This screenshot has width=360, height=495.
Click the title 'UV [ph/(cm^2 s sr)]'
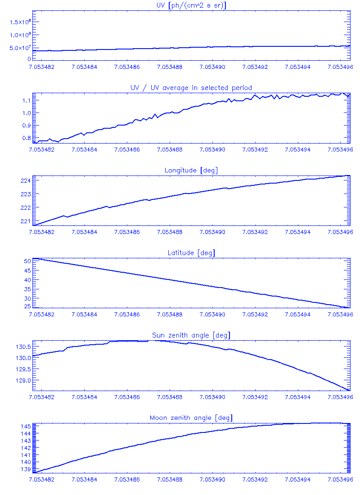191,5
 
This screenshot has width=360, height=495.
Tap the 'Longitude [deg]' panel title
191,170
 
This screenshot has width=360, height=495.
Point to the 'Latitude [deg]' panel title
191,253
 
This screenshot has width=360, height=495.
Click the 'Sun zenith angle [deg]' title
191,335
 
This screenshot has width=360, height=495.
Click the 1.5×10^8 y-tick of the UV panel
20,22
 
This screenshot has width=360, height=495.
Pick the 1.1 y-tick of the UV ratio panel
25,100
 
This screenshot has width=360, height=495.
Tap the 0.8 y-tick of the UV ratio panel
25,138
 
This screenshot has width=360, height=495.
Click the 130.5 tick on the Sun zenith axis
22,347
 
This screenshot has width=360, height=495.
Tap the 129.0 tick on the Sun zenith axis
22,380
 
